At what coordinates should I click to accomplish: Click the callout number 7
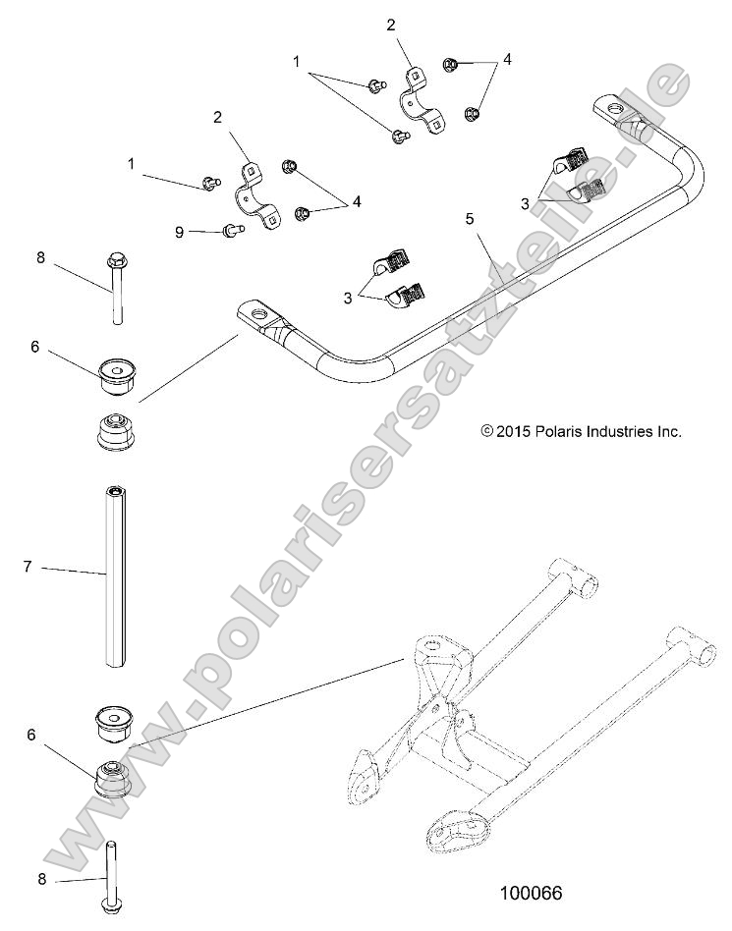pyautogui.click(x=28, y=566)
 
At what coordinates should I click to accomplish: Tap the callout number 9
pyautogui.click(x=179, y=232)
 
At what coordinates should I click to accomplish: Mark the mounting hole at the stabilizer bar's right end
pyautogui.click(x=616, y=108)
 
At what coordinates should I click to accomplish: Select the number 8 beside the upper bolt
pyautogui.click(x=40, y=258)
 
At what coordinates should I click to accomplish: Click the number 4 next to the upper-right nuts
pyautogui.click(x=507, y=59)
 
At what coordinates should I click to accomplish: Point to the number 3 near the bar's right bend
pyautogui.click(x=526, y=202)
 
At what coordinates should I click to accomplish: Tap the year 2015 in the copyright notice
pyautogui.click(x=514, y=430)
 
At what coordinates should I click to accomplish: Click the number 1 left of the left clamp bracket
pyautogui.click(x=132, y=164)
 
